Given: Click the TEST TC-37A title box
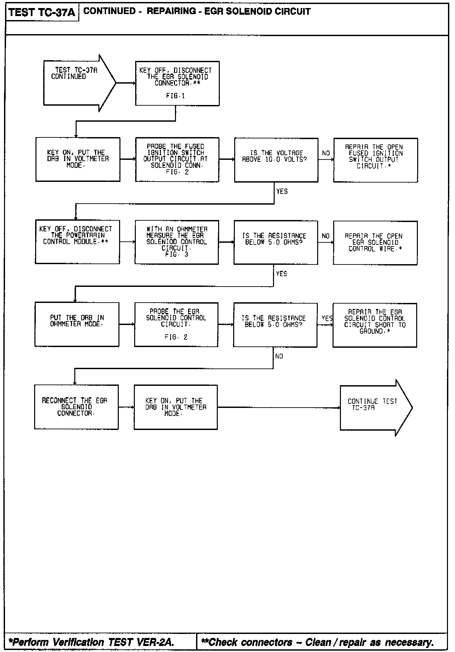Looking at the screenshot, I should tap(42, 12).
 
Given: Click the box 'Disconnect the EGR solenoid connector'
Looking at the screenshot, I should tap(177, 83).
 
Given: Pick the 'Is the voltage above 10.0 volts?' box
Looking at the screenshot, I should tap(276, 159).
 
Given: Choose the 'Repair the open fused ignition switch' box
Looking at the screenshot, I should tap(375, 160).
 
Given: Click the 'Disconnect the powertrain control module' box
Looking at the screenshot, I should tap(77, 242).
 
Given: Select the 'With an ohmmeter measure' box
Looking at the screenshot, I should tap(177, 242).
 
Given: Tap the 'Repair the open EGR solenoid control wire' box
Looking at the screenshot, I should tap(375, 243).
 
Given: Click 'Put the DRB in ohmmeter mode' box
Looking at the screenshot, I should tap(77, 324).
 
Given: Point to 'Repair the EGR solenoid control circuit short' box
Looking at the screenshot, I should tap(375, 325).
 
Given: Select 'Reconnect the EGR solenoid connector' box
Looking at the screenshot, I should tap(76, 407).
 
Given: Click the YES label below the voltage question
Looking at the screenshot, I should tap(282, 191).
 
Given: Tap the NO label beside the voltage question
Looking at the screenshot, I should tap(326, 153).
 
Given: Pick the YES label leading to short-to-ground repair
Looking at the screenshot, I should tap(327, 318).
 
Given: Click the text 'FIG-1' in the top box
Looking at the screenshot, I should tap(175, 96).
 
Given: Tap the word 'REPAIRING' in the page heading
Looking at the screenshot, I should tap(171, 11).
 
